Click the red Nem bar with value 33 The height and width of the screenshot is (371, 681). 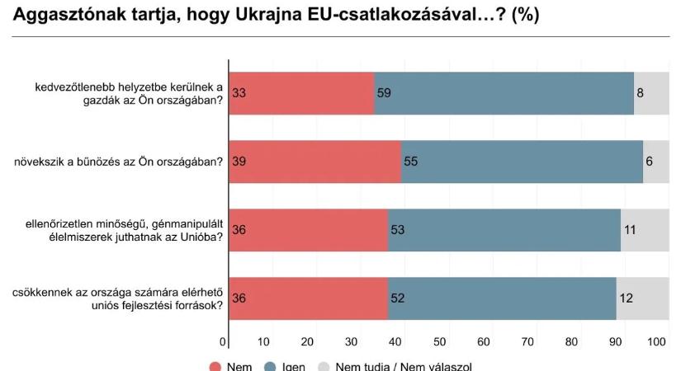point(301,93)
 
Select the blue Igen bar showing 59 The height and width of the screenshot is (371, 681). point(504,93)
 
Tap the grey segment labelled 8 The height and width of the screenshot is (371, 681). point(651,93)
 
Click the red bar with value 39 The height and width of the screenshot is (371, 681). point(314,162)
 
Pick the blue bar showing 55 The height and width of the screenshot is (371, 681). point(522,162)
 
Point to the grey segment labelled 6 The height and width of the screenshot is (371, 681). point(655,162)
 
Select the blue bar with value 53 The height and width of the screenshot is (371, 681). point(504,229)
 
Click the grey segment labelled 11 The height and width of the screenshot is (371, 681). point(645,229)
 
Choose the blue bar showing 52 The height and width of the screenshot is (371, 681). point(501,298)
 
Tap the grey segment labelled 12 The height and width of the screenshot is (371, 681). point(642,298)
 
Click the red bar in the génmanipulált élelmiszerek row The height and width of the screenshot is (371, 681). point(308,229)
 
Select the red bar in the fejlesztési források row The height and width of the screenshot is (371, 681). point(308,298)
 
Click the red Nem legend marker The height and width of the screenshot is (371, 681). point(215,366)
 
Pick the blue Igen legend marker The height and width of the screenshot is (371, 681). point(269,366)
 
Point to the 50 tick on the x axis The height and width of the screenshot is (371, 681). point(440,341)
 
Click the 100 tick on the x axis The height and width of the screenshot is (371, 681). point(657,341)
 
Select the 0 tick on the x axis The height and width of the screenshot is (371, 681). point(224,341)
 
